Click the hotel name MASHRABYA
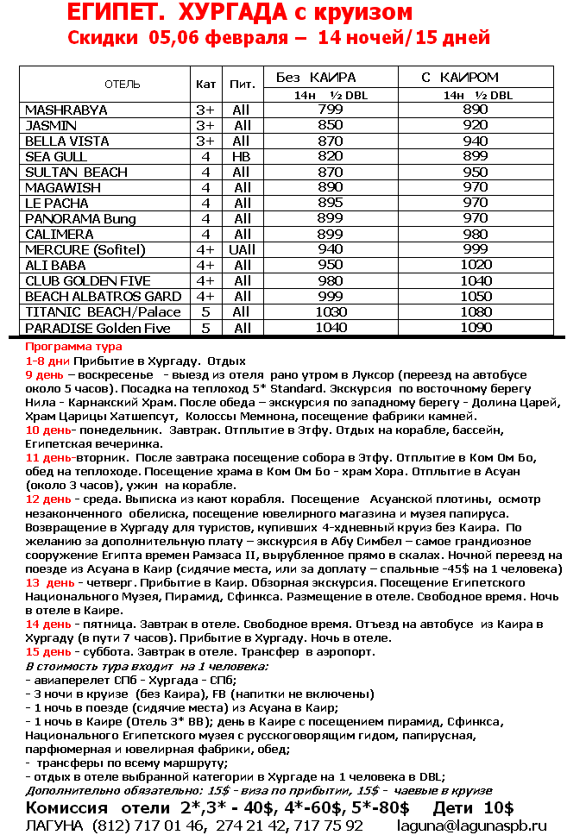66,110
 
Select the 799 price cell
331,110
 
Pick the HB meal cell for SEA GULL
243,157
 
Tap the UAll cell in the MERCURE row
242,250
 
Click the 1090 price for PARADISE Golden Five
476,328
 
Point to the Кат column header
206,85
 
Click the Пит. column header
243,85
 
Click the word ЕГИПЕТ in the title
109,13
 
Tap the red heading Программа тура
74,347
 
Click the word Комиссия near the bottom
66,808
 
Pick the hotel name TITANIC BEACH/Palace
104,312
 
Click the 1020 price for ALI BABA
476,266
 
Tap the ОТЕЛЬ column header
123,85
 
